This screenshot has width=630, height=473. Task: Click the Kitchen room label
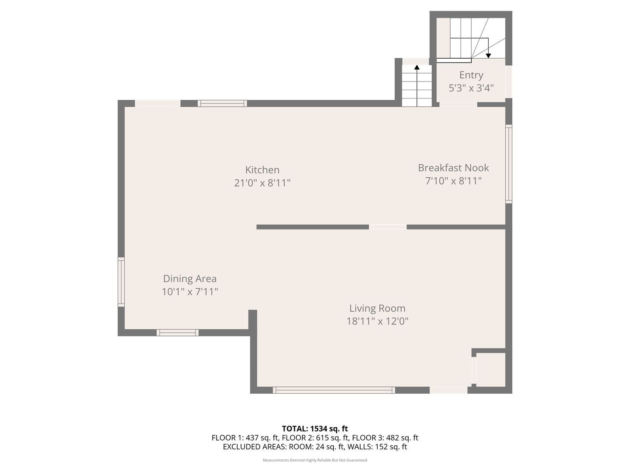coord(262,170)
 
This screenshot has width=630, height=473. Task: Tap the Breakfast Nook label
coord(453,168)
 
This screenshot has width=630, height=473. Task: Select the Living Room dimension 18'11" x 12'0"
coord(377,321)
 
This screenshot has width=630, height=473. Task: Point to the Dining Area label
coord(189,279)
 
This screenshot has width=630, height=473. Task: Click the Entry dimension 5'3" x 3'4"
coord(471,88)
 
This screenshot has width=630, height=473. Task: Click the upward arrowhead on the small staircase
coord(417,67)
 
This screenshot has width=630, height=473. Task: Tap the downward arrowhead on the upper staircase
coord(488,56)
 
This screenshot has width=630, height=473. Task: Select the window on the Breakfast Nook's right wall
coord(509,164)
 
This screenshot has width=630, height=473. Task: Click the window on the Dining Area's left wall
coord(121,282)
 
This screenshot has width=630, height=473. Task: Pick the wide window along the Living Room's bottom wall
coord(334,390)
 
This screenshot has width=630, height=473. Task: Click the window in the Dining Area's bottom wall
coord(177,332)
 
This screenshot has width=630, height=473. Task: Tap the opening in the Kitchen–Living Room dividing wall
coord(388,227)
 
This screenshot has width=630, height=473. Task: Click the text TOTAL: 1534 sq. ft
coord(315,429)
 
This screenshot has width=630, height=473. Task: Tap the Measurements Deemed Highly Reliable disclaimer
coord(315,460)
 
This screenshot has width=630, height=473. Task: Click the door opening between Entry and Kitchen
coord(458,104)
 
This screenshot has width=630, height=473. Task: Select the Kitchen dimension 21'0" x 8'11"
coord(262,183)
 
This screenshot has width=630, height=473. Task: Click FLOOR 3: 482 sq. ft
coord(385,438)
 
